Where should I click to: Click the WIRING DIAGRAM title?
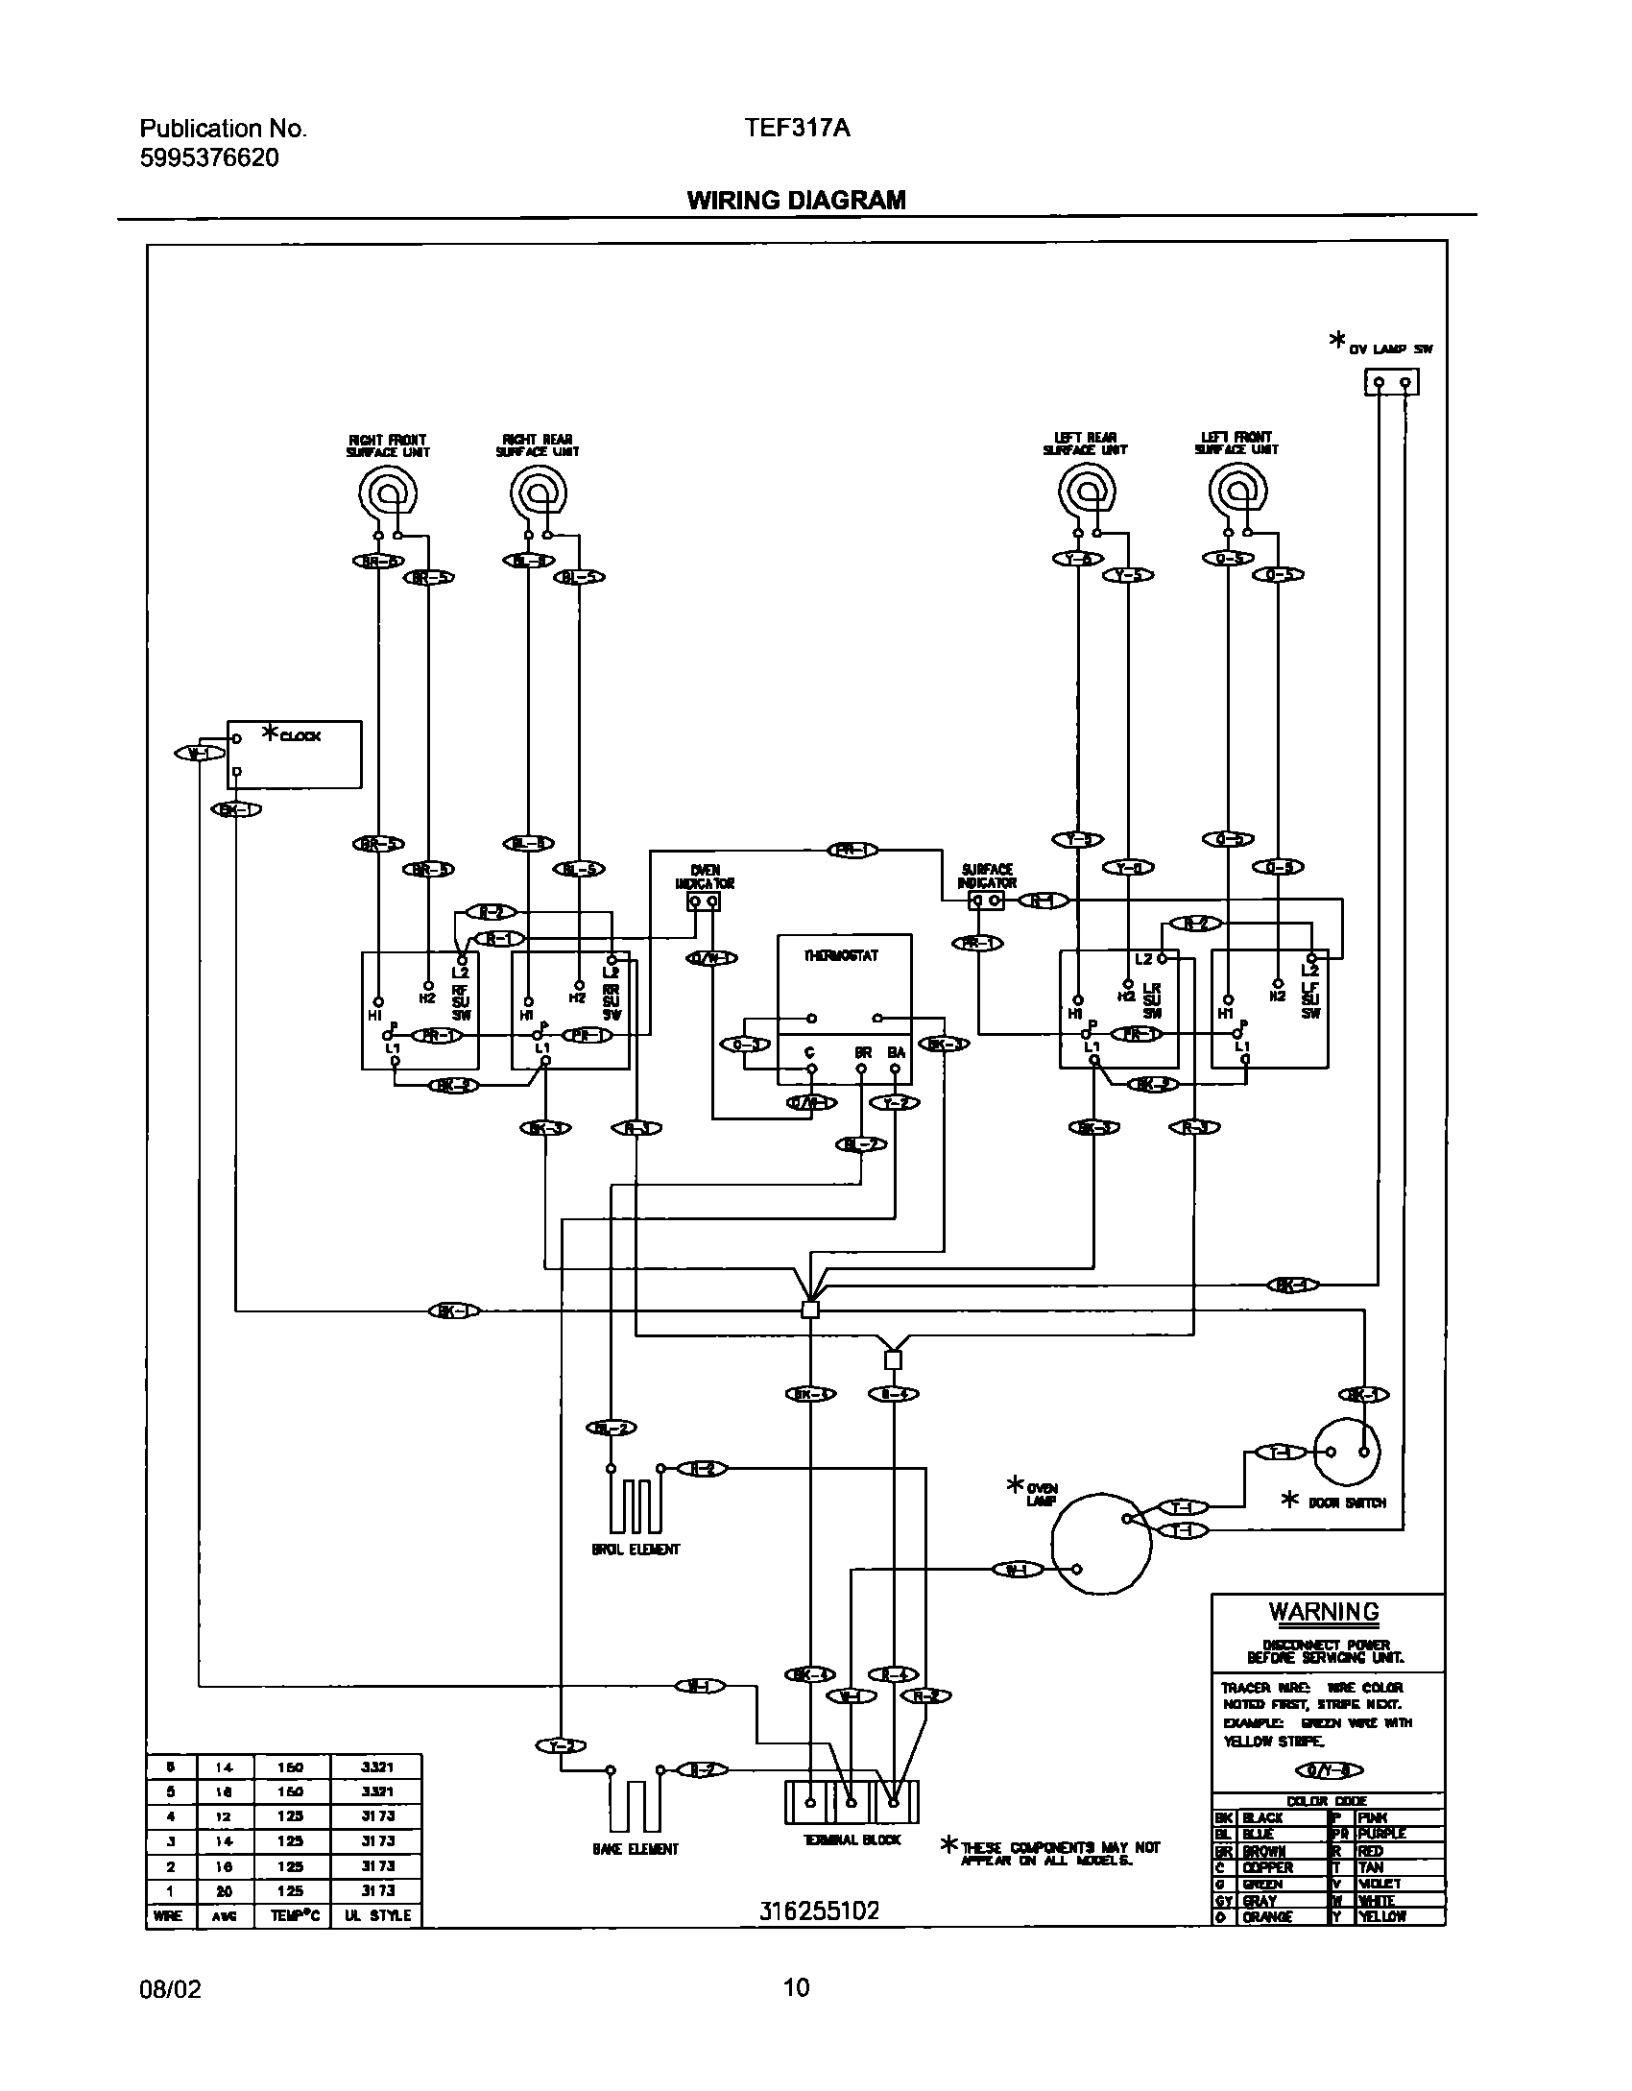pyautogui.click(x=796, y=200)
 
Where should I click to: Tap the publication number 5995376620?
pyautogui.click(x=209, y=158)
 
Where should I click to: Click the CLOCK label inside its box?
pyautogui.click(x=300, y=736)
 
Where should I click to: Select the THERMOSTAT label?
pyautogui.click(x=841, y=955)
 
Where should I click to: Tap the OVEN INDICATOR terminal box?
pyautogui.click(x=703, y=902)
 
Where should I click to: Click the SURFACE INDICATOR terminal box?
pyautogui.click(x=986, y=901)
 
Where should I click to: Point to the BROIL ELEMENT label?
pyautogui.click(x=636, y=1550)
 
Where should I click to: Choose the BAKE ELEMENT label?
pyautogui.click(x=636, y=1849)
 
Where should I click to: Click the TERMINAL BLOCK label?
pyautogui.click(x=852, y=1839)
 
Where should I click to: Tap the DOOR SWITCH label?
pyautogui.click(x=1347, y=1502)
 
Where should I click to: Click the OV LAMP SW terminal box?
pyautogui.click(x=1391, y=383)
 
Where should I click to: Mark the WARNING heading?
pyautogui.click(x=1324, y=1612)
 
